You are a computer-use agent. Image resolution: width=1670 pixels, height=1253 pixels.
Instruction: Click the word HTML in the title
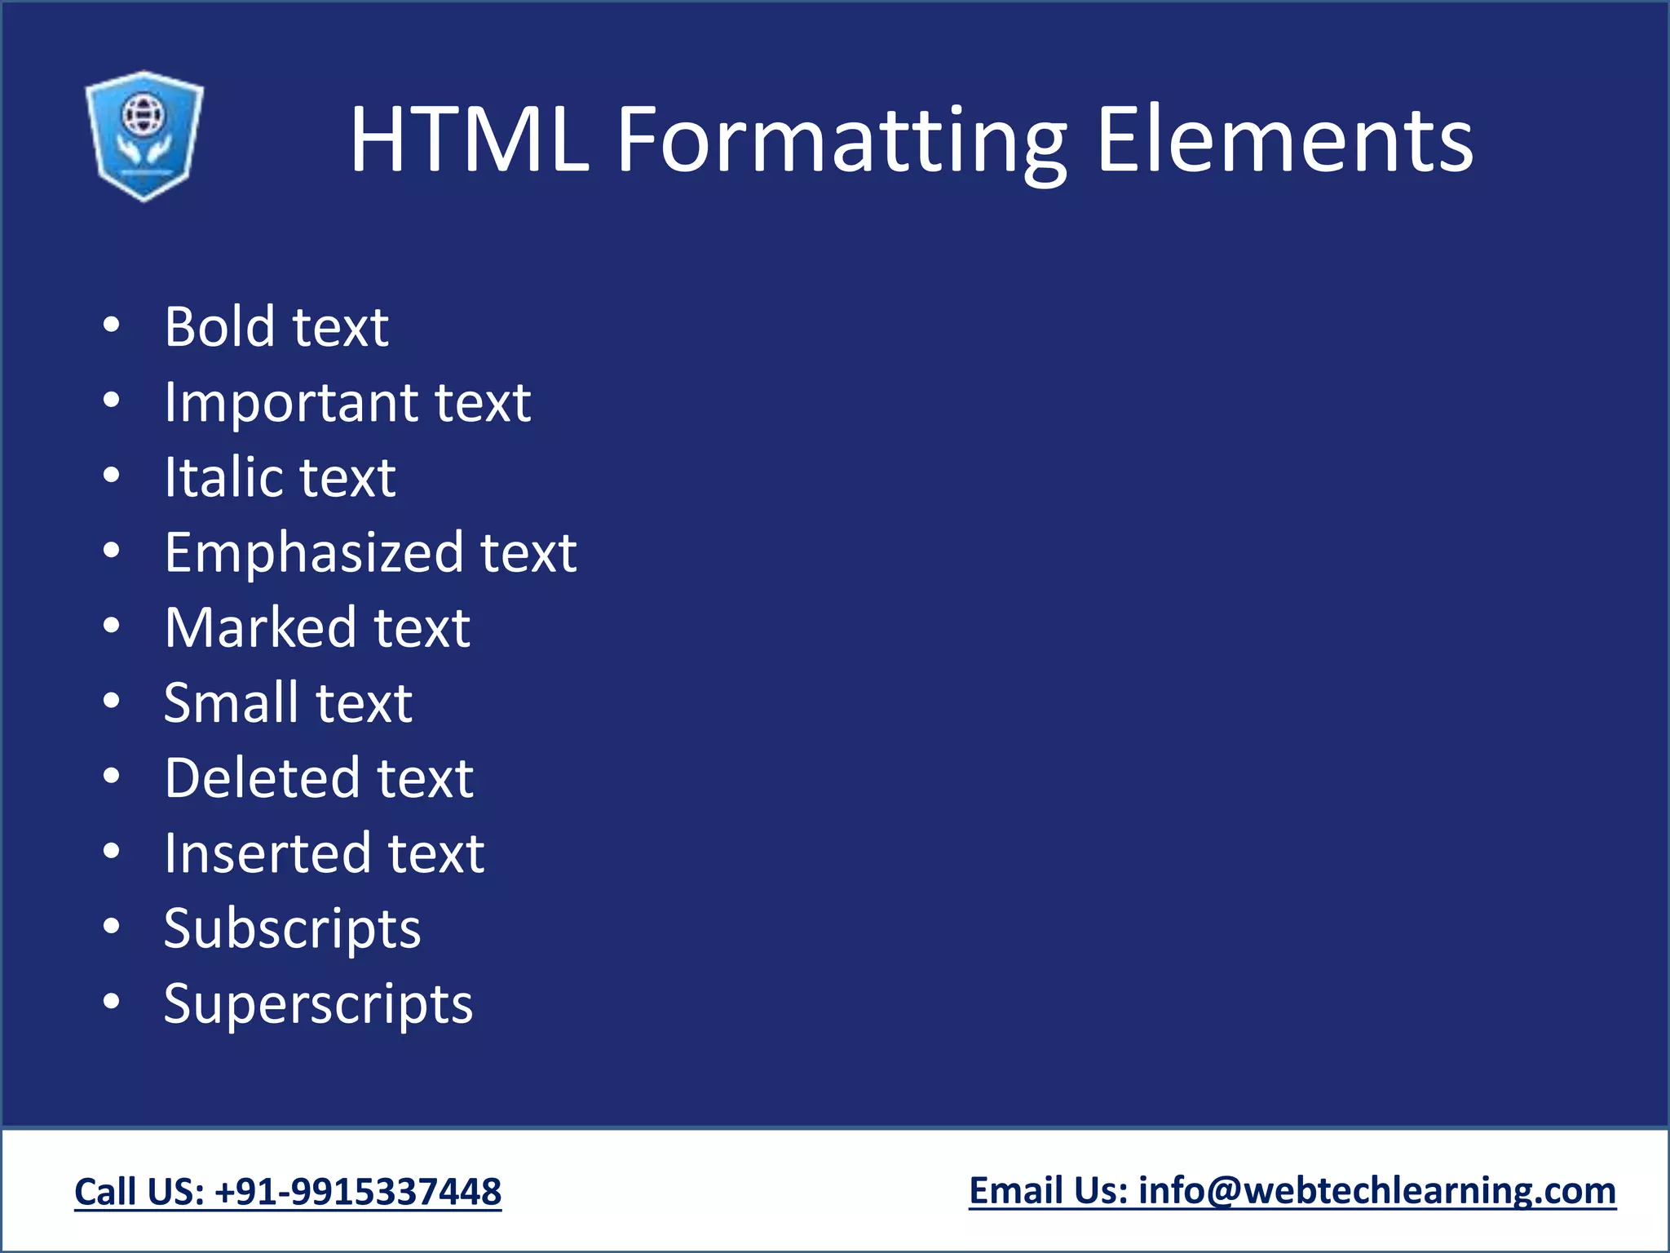[x=469, y=140]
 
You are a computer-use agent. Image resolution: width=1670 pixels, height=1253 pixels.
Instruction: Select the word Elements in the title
[x=1284, y=140]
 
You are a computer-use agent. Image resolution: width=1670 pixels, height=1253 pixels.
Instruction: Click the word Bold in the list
[x=220, y=326]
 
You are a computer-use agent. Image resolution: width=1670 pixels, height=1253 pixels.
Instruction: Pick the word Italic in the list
[x=213, y=477]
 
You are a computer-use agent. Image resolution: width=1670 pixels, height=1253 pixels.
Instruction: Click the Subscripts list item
[x=292, y=929]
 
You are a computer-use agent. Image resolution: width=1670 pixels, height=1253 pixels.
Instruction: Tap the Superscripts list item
[x=318, y=1004]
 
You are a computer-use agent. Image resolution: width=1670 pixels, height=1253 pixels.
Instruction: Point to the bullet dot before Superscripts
[x=112, y=1003]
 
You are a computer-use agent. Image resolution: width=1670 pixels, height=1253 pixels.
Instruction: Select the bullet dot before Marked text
[x=112, y=626]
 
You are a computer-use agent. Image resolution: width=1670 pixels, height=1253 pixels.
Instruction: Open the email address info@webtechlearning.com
[x=1376, y=1191]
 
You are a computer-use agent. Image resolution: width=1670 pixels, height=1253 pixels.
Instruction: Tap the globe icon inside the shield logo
[x=143, y=114]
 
